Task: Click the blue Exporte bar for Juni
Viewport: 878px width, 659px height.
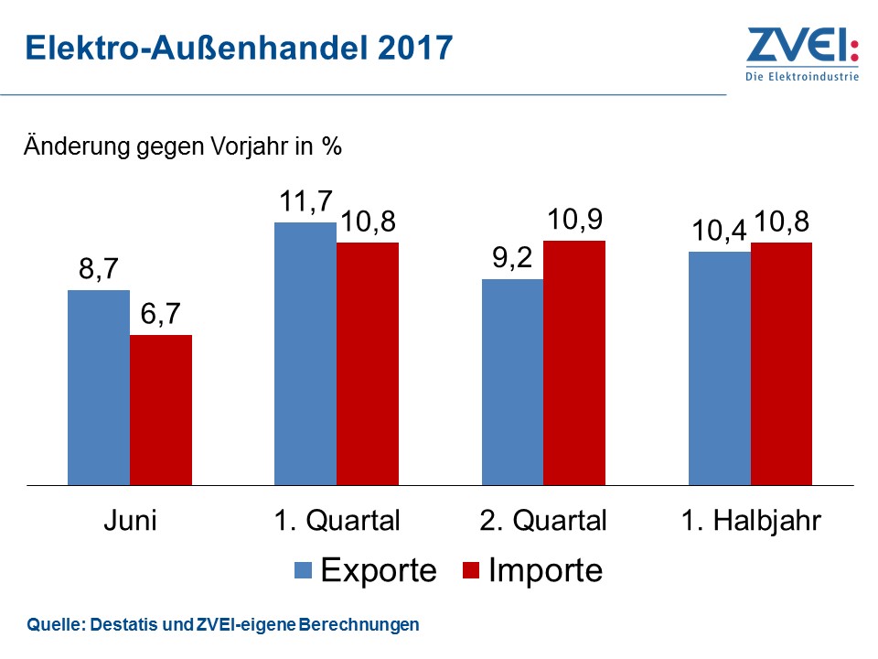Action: point(99,387)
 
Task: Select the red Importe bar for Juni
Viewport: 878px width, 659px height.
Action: point(161,409)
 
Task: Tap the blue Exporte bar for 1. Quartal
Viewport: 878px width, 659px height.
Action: point(305,353)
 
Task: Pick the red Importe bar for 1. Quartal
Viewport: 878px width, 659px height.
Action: point(368,363)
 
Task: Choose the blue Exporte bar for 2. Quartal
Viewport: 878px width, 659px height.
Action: point(512,382)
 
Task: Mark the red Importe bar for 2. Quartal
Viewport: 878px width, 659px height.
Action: point(574,362)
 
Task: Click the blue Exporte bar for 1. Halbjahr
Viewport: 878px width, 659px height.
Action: point(719,368)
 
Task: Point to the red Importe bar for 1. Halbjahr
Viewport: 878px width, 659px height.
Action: point(781,363)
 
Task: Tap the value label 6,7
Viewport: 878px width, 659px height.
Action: point(161,316)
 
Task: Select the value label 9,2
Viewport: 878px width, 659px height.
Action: point(512,260)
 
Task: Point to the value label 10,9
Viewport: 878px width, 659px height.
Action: point(574,221)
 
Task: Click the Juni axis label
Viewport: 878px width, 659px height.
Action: point(129,522)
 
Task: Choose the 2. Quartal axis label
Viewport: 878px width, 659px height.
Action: point(542,522)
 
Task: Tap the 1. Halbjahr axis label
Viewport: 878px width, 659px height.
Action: point(751,522)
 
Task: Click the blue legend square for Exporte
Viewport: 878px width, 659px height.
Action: point(305,571)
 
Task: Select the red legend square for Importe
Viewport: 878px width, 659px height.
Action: point(470,571)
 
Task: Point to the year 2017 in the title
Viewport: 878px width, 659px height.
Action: point(412,48)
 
